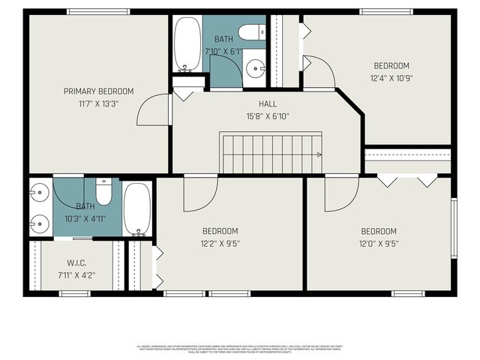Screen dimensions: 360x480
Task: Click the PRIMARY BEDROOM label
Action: pos(98,91)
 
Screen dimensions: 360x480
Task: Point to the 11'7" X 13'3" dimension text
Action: pos(98,104)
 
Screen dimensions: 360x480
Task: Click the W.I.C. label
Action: pos(76,262)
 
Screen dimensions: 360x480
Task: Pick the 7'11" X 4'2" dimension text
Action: pos(76,275)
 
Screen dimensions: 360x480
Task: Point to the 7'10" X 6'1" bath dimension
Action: pos(223,51)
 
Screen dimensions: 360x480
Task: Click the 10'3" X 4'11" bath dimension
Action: pos(85,218)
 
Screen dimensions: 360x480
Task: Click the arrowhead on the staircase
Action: pos(319,155)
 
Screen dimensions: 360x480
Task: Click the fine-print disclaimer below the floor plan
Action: pos(239,349)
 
